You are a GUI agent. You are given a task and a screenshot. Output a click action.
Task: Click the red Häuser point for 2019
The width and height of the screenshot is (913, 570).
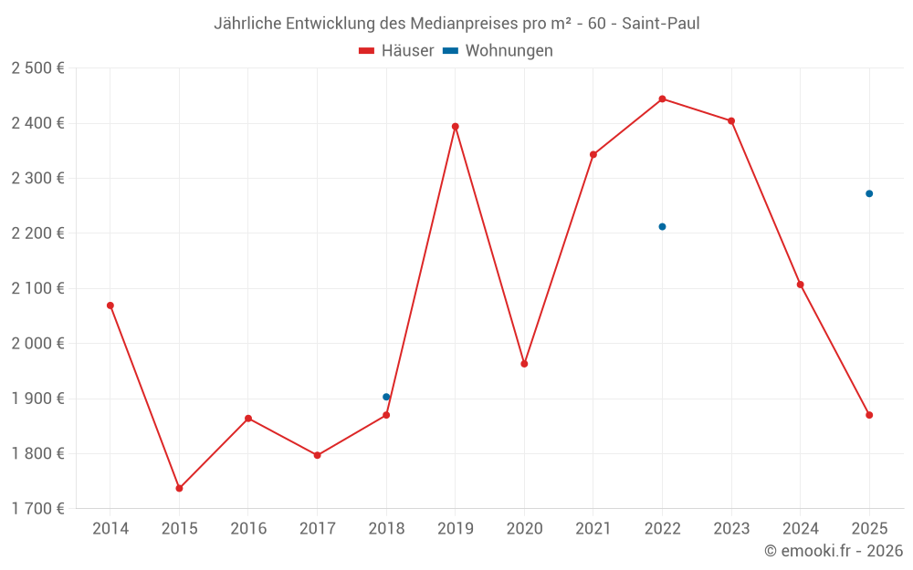coord(455,127)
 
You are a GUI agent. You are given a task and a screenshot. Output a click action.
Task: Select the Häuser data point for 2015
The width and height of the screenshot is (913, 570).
coord(179,488)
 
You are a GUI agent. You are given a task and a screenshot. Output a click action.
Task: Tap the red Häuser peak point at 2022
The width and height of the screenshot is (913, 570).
coord(662,98)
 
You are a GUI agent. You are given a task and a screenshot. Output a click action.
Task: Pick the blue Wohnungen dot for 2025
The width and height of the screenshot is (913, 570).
coord(869,193)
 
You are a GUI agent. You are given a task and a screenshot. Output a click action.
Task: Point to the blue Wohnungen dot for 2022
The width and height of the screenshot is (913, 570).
coord(662,226)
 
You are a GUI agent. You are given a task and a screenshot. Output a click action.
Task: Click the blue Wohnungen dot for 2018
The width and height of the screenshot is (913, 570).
coord(386,397)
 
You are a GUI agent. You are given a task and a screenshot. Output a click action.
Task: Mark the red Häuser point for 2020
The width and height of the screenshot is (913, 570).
coord(524,364)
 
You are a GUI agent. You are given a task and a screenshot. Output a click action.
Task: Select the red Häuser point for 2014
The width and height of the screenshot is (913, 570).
coord(110,306)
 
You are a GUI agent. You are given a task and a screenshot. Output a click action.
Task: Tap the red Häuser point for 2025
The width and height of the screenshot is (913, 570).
coord(869,415)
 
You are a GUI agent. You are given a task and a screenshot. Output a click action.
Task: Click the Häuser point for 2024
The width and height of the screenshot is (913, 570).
coord(800,285)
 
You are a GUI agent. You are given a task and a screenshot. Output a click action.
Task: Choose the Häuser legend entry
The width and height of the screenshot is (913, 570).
coord(396,51)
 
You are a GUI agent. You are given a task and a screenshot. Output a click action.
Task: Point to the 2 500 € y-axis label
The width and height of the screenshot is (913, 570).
coord(37,68)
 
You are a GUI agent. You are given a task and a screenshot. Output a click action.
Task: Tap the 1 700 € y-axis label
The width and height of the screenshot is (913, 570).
coord(37,509)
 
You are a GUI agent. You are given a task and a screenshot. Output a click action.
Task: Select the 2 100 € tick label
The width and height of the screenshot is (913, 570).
coord(37,288)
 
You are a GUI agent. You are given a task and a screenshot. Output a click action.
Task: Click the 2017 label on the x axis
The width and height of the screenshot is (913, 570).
coord(317,529)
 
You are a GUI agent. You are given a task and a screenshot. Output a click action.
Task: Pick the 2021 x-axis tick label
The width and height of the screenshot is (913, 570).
coord(593,529)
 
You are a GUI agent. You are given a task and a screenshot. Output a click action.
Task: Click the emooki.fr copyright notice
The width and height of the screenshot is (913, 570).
coord(833,551)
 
